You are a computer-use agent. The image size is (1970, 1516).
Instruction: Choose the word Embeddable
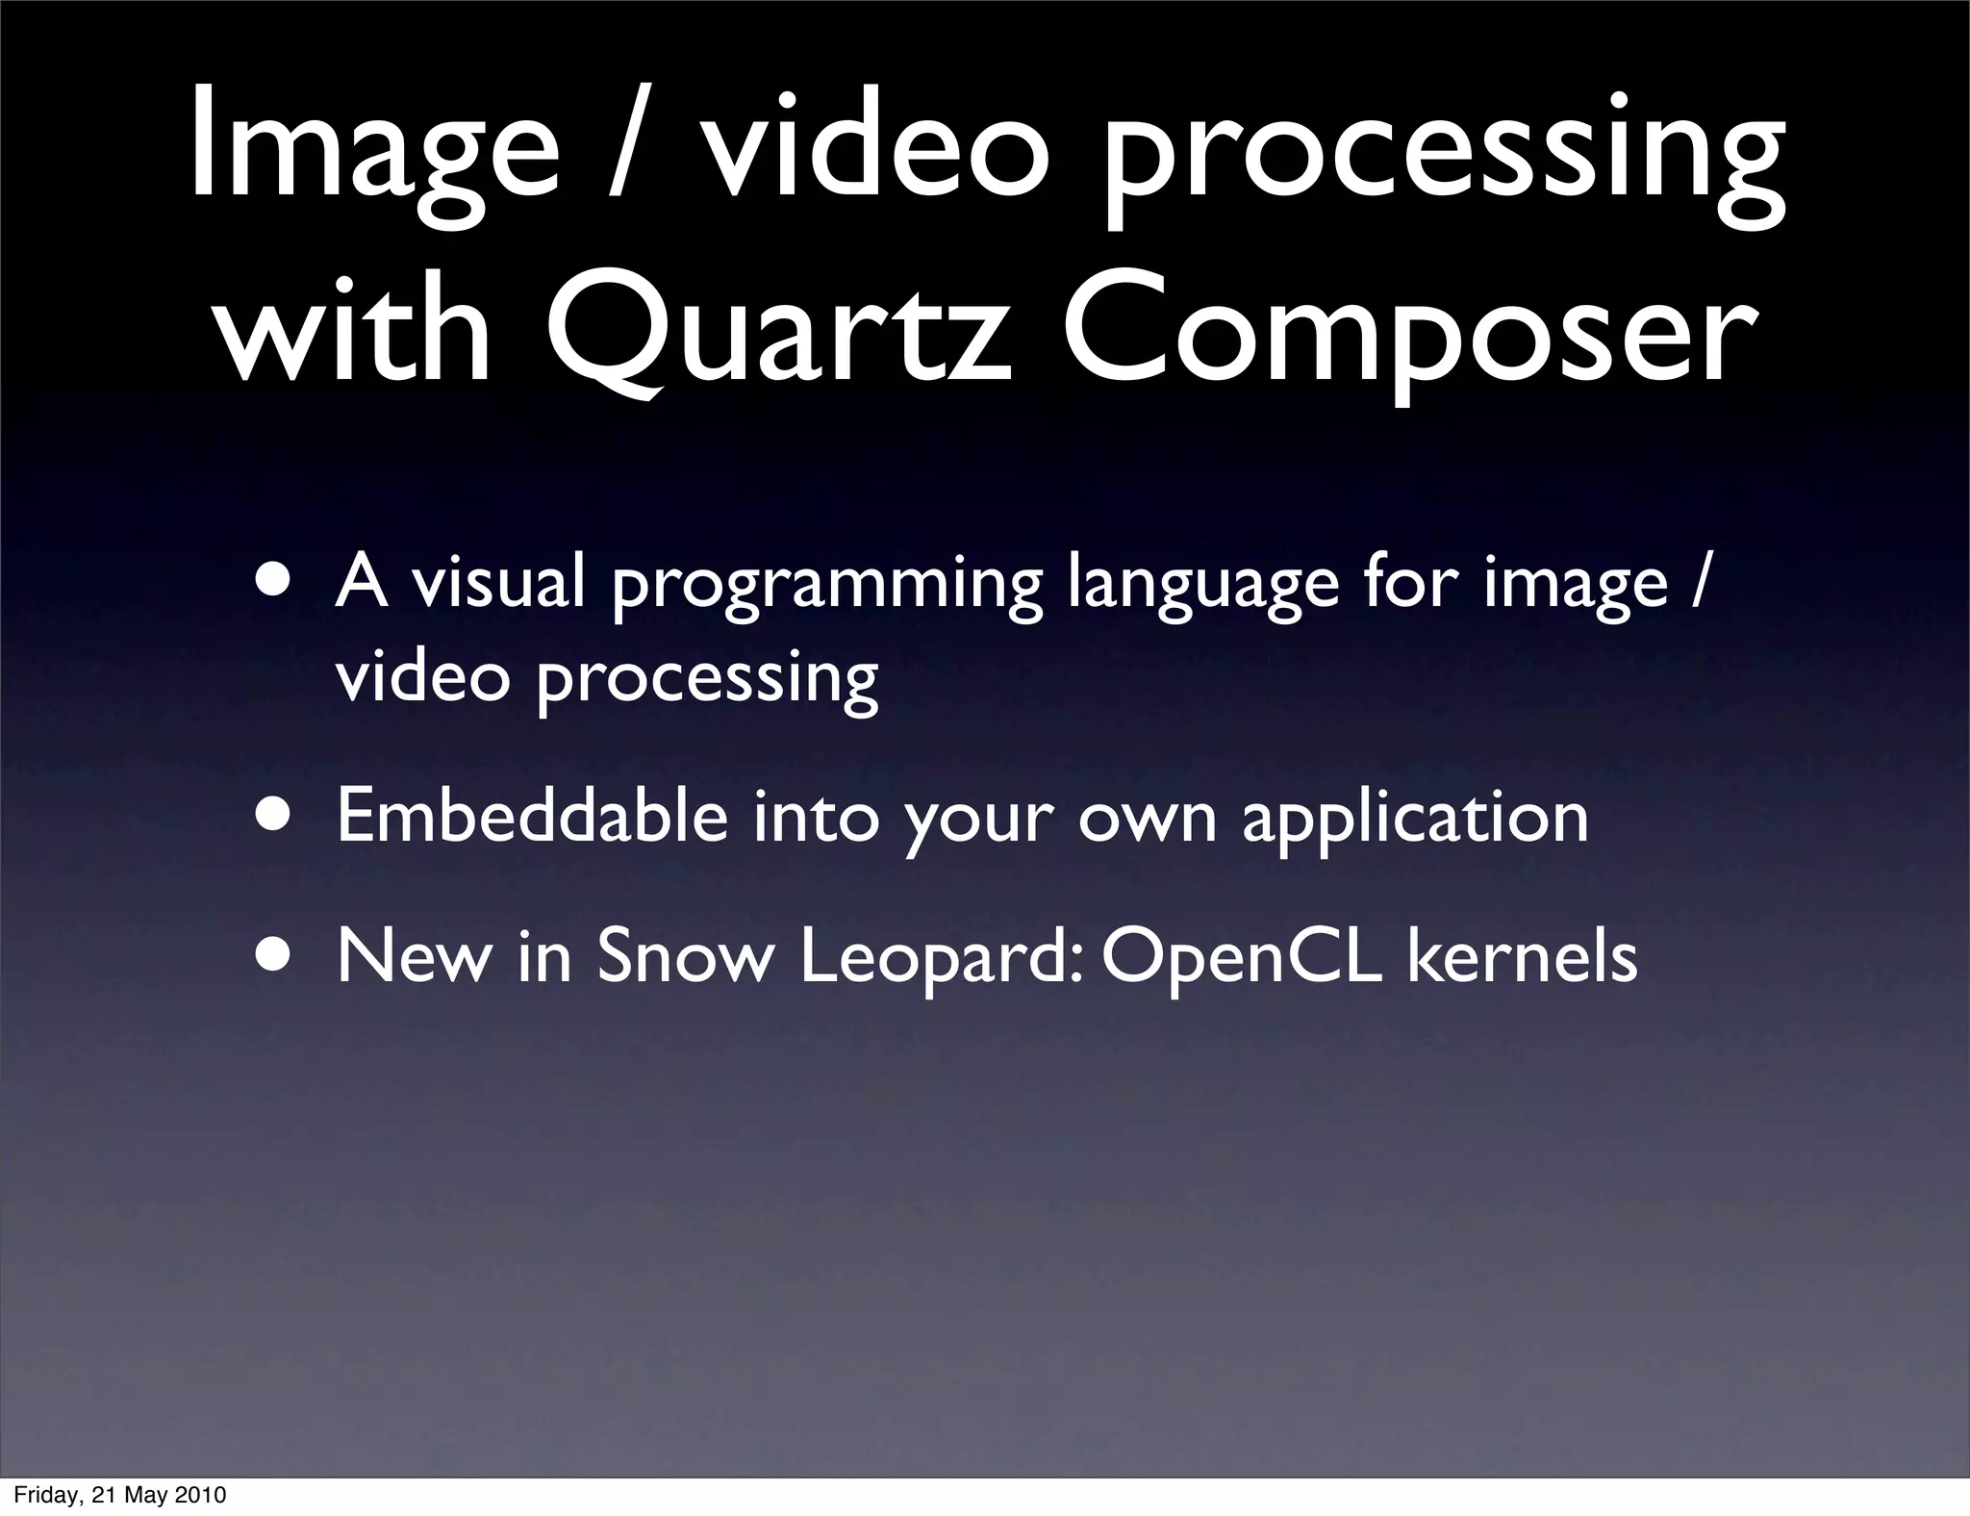[x=532, y=816]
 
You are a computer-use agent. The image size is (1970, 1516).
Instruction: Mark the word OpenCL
[x=1242, y=958]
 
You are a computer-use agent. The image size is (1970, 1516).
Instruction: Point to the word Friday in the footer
[x=48, y=1495]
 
